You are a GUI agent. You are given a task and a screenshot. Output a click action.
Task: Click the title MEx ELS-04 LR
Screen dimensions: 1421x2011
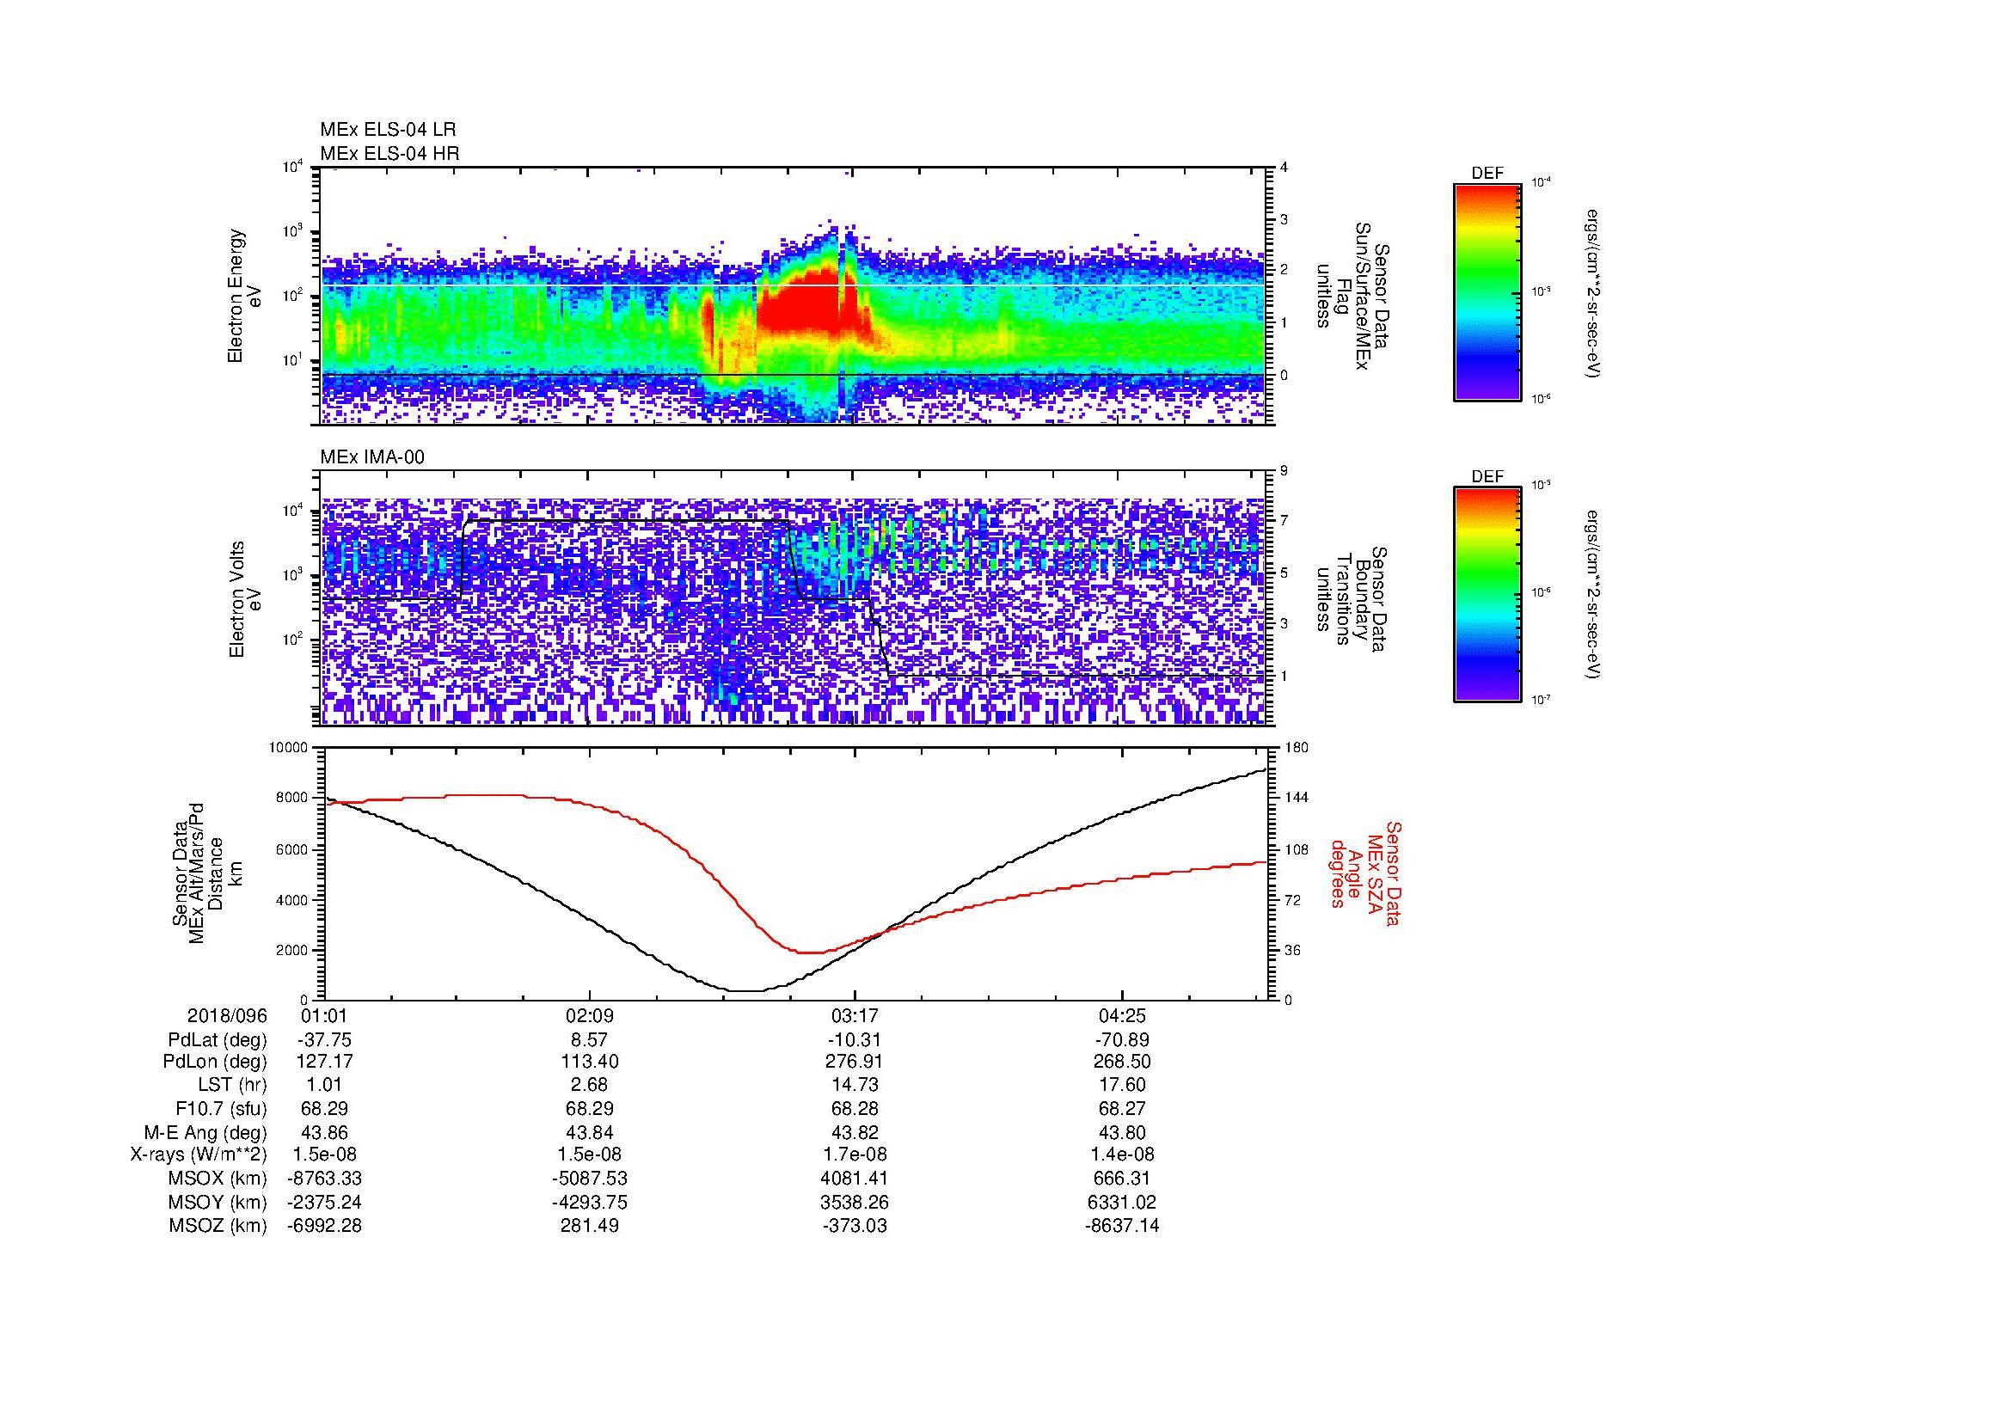[389, 130]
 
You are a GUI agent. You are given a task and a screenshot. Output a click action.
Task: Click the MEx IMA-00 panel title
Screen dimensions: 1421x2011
[372, 457]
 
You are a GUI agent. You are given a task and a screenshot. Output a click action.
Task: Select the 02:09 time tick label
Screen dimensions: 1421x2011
[590, 1016]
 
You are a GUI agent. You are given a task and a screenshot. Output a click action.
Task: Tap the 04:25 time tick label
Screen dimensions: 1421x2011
[1122, 1016]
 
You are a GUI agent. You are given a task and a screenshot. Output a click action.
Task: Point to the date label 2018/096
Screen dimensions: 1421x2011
[227, 1016]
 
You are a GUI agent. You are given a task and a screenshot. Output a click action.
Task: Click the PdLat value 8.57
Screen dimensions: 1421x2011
[590, 1040]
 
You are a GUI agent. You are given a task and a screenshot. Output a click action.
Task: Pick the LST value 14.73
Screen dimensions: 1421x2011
[855, 1085]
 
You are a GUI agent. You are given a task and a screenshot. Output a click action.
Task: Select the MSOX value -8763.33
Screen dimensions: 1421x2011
[325, 1179]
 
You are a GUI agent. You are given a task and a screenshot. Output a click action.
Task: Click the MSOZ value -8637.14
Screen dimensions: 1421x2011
[1122, 1226]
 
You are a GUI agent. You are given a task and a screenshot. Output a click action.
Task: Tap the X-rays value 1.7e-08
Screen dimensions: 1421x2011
[855, 1155]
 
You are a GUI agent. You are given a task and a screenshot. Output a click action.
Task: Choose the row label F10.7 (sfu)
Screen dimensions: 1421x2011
[221, 1108]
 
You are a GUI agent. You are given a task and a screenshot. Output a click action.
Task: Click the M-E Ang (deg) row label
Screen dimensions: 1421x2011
[205, 1132]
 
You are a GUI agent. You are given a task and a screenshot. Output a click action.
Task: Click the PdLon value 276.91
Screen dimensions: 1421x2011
[855, 1061]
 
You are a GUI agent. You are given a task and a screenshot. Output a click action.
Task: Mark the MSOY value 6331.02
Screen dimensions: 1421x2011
[1122, 1202]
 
